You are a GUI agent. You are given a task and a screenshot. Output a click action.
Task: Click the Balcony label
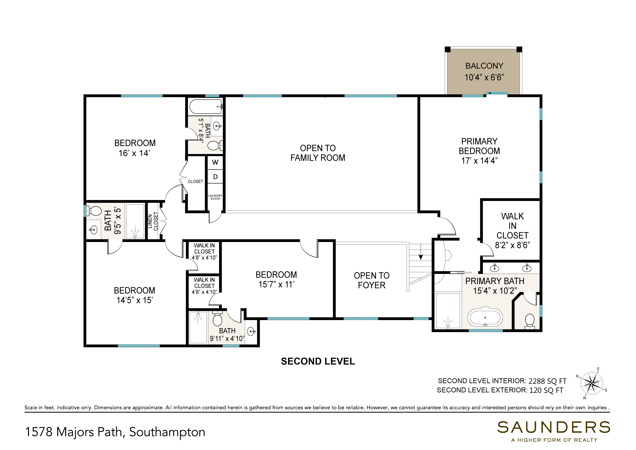(x=484, y=66)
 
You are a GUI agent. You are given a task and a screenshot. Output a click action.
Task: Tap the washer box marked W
(x=215, y=162)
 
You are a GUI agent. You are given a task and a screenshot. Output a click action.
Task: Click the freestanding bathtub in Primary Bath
(x=485, y=317)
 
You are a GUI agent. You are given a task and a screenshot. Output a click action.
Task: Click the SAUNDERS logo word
(x=553, y=428)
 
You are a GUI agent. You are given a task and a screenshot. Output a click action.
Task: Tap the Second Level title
(x=318, y=361)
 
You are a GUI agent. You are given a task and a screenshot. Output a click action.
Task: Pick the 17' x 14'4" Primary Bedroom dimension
(x=479, y=161)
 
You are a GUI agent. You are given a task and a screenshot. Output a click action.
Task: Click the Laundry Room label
(x=215, y=197)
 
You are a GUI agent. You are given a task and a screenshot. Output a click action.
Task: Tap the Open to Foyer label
(x=371, y=280)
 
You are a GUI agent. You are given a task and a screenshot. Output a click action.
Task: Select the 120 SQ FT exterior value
(x=546, y=390)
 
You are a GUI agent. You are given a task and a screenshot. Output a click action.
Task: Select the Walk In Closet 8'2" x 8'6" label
(x=512, y=231)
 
